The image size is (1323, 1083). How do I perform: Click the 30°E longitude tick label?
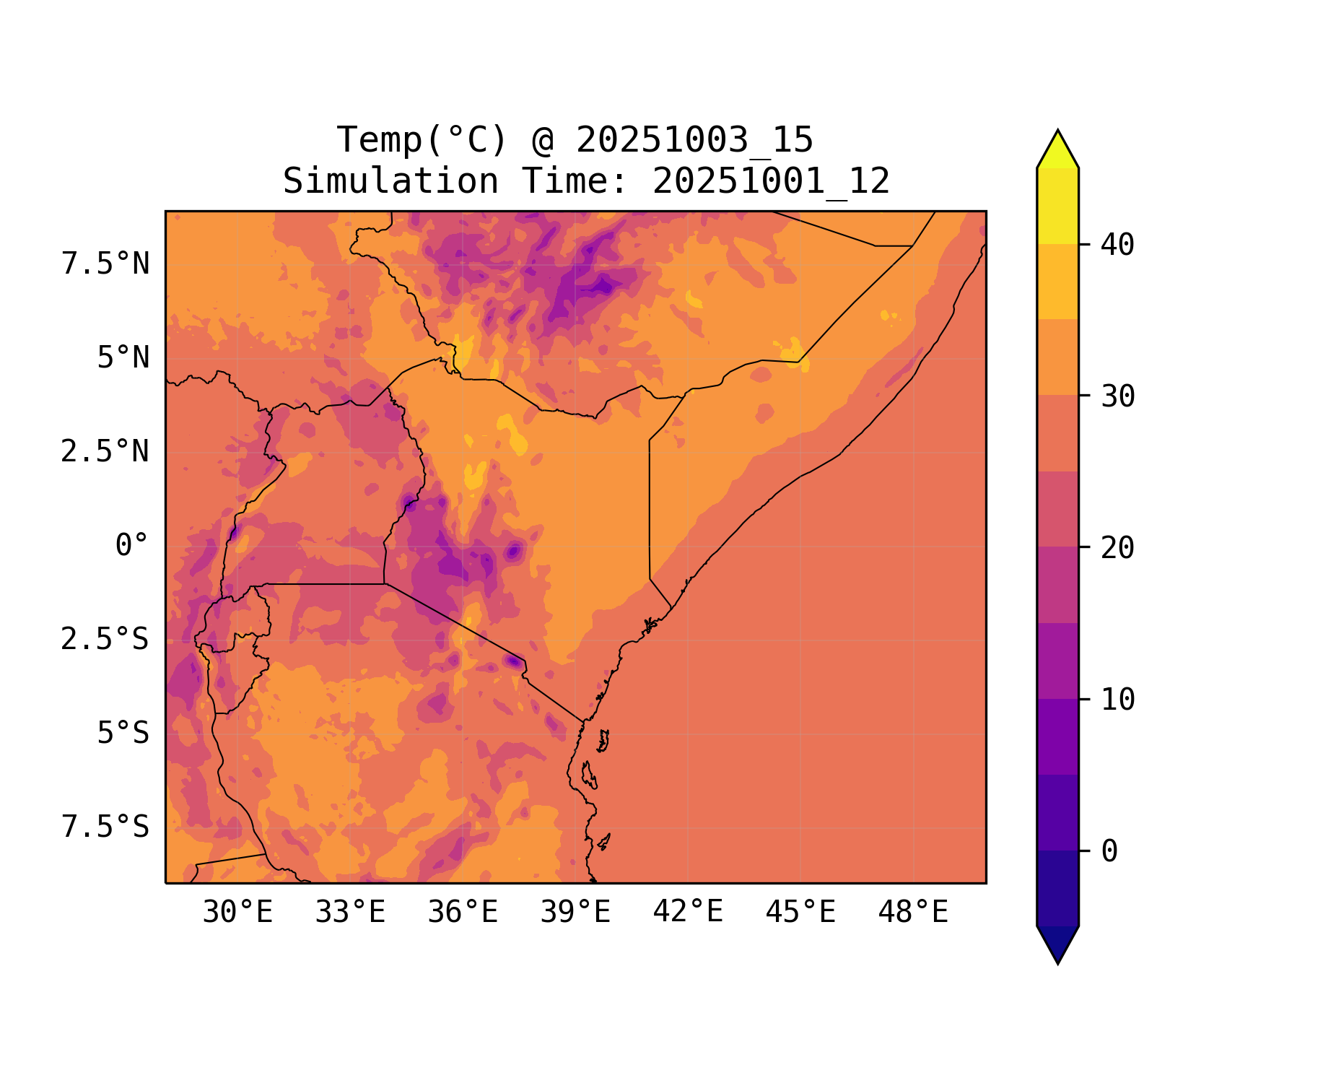(237, 913)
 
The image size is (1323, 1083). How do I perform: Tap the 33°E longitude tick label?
(350, 913)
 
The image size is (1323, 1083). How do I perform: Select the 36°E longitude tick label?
(463, 913)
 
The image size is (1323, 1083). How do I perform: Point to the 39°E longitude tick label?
(575, 913)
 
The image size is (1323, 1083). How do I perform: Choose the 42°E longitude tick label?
(688, 913)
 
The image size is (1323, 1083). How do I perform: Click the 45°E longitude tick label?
(800, 913)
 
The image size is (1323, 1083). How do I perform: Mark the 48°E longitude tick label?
(913, 913)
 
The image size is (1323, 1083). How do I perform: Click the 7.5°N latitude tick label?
(105, 264)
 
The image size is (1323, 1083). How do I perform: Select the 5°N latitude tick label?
(123, 358)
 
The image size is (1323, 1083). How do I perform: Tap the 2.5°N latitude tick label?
(105, 452)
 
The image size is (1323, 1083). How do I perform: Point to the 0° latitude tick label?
(132, 546)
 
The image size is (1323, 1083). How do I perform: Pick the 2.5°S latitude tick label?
(105, 640)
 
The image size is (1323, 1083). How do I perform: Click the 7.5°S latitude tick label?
(105, 827)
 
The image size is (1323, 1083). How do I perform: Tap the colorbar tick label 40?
(1117, 245)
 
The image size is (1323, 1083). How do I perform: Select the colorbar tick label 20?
(1117, 548)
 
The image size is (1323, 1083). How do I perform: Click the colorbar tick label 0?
(1109, 852)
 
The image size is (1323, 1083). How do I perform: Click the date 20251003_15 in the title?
(694, 140)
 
